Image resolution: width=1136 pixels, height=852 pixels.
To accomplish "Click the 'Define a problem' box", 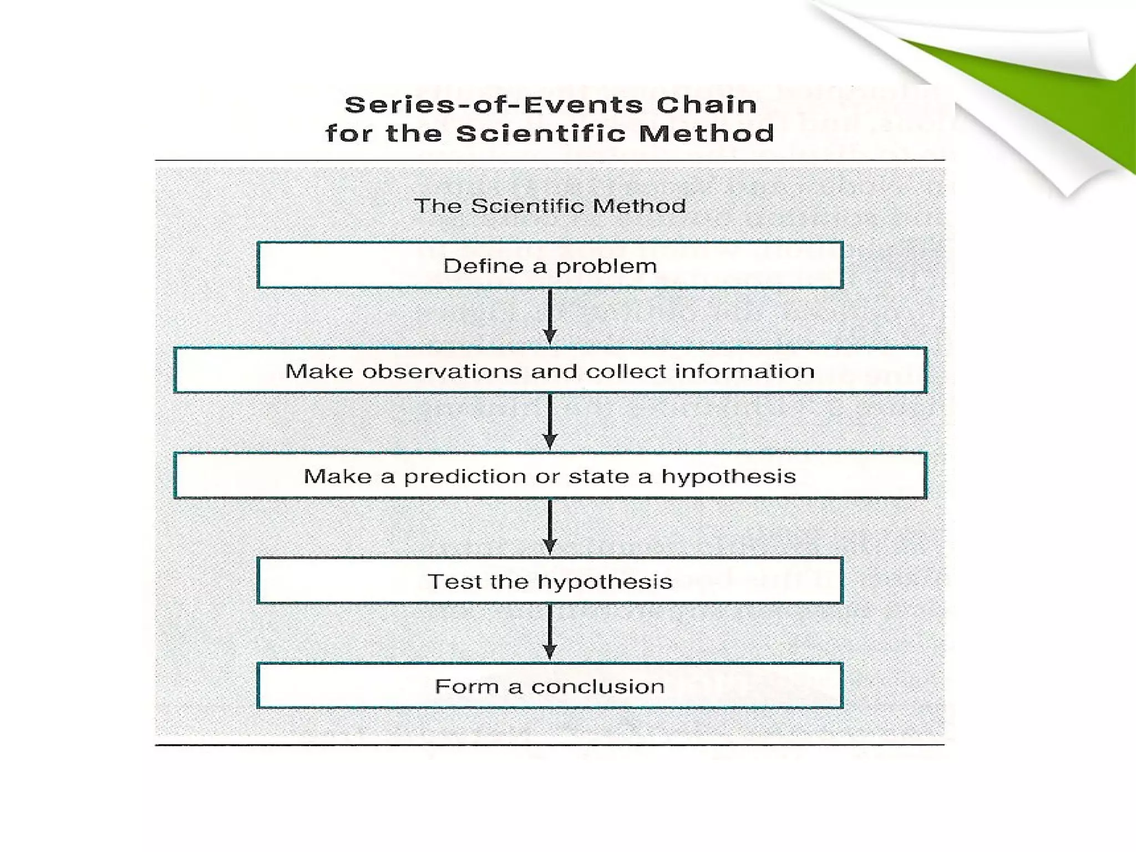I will pyautogui.click(x=550, y=265).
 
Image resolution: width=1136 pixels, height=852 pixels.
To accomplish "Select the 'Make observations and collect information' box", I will pyautogui.click(x=550, y=370).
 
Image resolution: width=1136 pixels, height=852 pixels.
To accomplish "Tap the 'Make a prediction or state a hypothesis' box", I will pyautogui.click(x=550, y=475).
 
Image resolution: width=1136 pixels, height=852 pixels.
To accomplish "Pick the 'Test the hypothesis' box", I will pyautogui.click(x=550, y=580).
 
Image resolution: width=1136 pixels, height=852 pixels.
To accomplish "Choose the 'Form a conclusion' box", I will pyautogui.click(x=550, y=686).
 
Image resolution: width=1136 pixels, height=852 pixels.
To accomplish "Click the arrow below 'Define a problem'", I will pyautogui.click(x=550, y=317).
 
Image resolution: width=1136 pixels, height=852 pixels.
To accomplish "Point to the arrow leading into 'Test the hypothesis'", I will pyautogui.click(x=550, y=527).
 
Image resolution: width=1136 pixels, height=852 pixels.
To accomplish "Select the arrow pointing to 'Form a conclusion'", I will pyautogui.click(x=550, y=632).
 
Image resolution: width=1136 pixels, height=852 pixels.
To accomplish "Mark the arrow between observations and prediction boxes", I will pyautogui.click(x=550, y=422).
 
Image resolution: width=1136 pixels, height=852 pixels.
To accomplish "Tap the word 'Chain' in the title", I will pyautogui.click(x=706, y=105).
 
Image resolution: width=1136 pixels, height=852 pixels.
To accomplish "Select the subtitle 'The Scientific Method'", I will pyautogui.click(x=550, y=206).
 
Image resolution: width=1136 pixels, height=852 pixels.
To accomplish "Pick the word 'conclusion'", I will pyautogui.click(x=597, y=687).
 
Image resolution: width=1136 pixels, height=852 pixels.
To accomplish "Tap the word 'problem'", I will pyautogui.click(x=606, y=267).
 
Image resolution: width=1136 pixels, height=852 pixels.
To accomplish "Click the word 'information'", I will pyautogui.click(x=744, y=371).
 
